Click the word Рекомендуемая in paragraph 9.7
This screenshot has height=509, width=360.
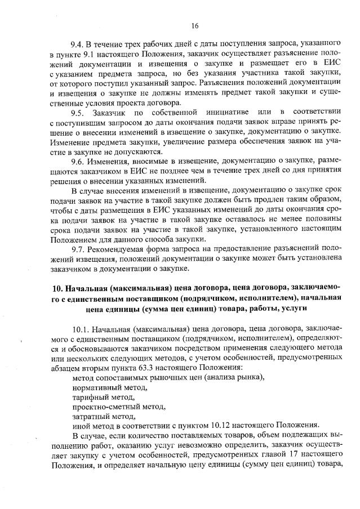click(x=119, y=249)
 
